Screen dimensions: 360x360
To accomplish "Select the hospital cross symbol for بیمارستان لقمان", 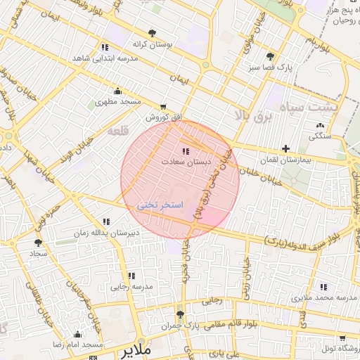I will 285,148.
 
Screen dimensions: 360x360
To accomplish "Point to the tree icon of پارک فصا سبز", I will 271,56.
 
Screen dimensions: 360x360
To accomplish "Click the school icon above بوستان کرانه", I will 105,46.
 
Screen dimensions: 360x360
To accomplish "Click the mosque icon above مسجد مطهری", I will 117,91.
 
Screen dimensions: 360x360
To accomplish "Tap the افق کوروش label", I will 160,118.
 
